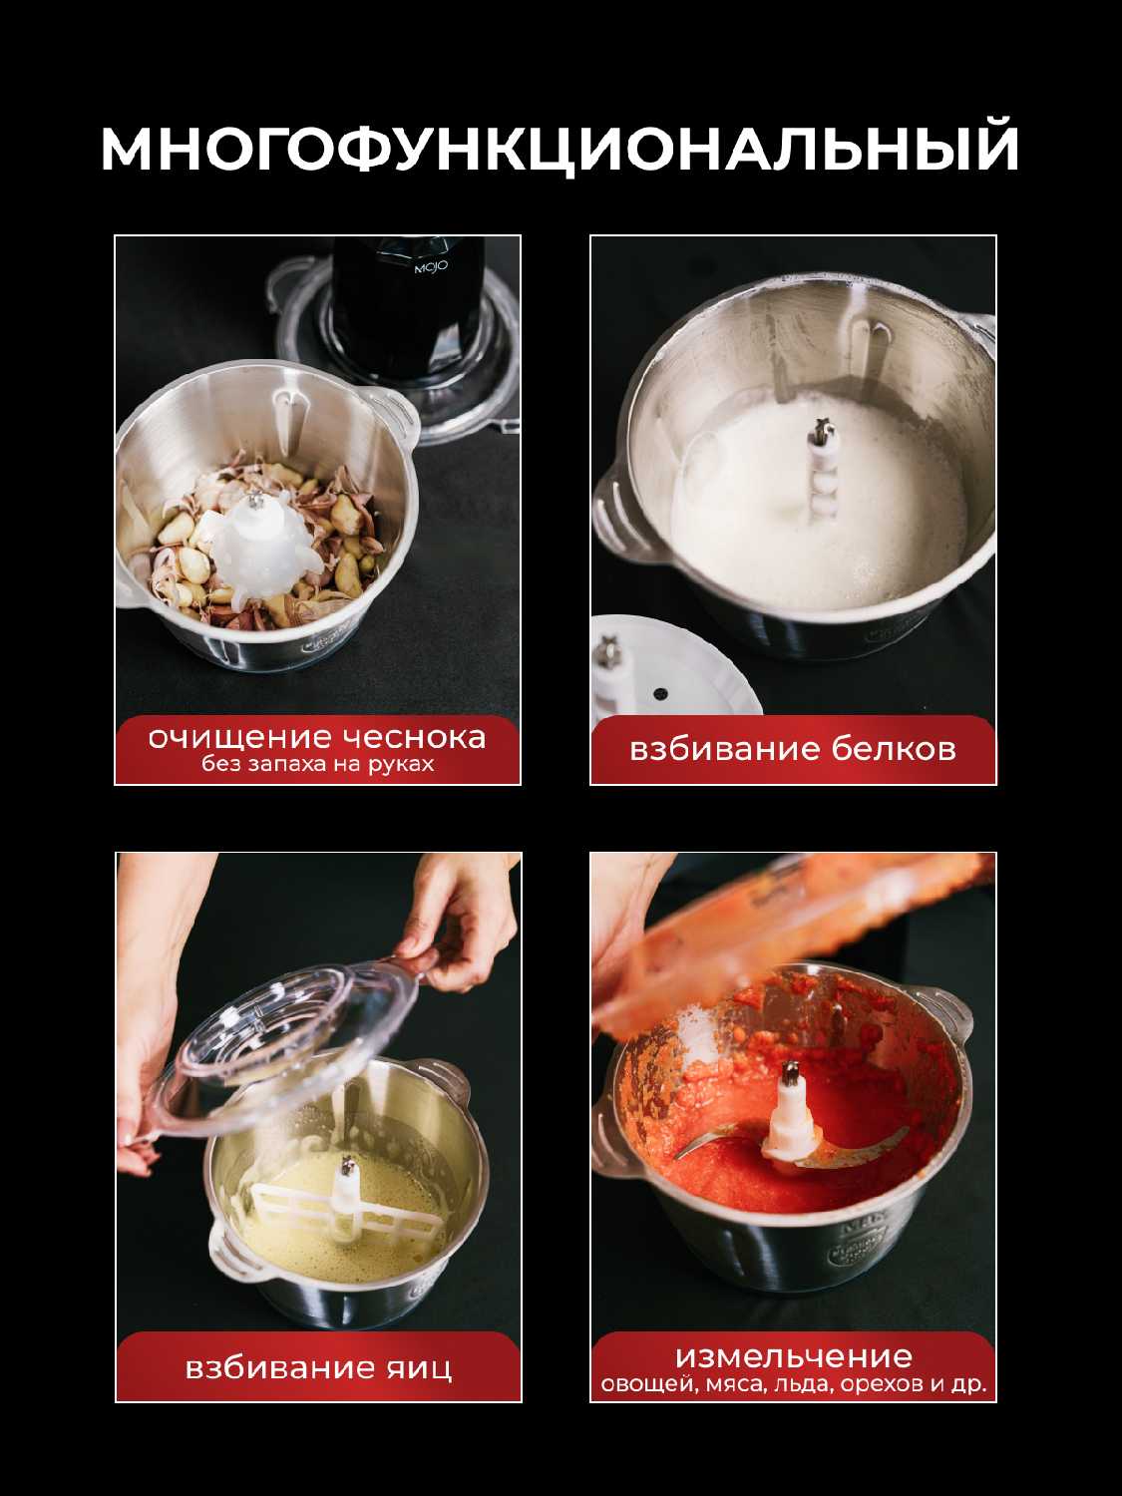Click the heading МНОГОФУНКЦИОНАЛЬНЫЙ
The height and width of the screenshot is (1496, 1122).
pos(560,148)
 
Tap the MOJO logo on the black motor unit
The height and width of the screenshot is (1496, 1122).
pos(431,267)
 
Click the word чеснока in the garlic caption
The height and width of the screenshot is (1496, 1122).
pos(414,737)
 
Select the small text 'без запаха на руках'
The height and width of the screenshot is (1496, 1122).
pos(317,764)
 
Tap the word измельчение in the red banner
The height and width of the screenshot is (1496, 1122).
pos(794,1356)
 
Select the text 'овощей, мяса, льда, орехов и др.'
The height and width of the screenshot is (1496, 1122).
pos(794,1385)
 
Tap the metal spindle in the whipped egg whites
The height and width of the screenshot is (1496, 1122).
pos(823,431)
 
